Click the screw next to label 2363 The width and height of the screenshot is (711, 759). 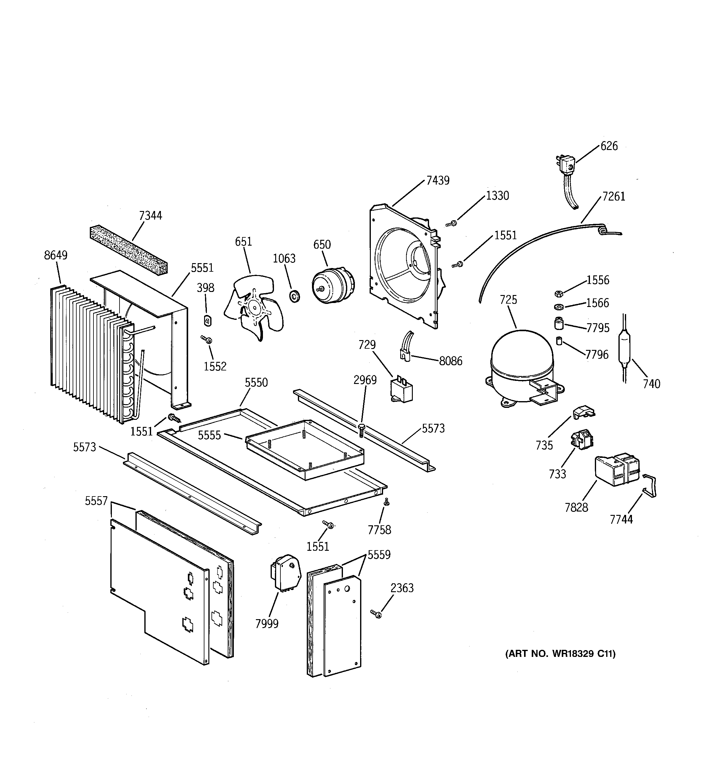tap(376, 614)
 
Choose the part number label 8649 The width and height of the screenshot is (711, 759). tap(56, 255)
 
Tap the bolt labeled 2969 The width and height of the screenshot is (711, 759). tap(361, 430)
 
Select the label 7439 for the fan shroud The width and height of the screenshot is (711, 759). tap(438, 180)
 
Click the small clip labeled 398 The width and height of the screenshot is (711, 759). tap(207, 321)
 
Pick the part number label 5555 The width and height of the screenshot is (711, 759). tap(209, 435)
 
